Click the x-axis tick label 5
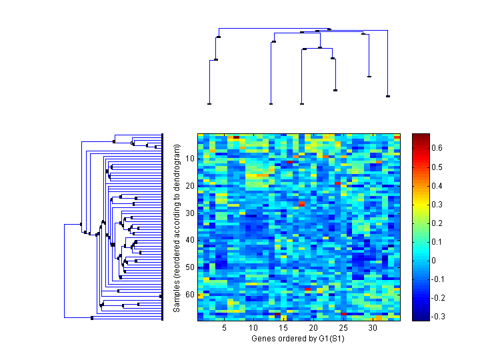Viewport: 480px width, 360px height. pyautogui.click(x=225, y=329)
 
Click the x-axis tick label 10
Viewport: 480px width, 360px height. pyautogui.click(x=254, y=329)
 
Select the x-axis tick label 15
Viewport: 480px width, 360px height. pyautogui.click(x=283, y=329)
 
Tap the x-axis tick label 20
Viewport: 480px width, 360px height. pyautogui.click(x=313, y=329)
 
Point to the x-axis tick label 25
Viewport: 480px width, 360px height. pyautogui.click(x=343, y=329)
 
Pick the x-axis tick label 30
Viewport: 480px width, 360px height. pyautogui.click(x=373, y=329)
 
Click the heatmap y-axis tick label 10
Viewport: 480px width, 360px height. pyautogui.click(x=190, y=158)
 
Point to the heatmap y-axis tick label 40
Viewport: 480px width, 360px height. pyautogui.click(x=190, y=240)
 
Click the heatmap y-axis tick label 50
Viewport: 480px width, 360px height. pyautogui.click(x=190, y=267)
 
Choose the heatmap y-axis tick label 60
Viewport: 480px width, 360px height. pyautogui.click(x=190, y=295)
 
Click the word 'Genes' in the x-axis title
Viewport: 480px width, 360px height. pyautogui.click(x=262, y=339)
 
